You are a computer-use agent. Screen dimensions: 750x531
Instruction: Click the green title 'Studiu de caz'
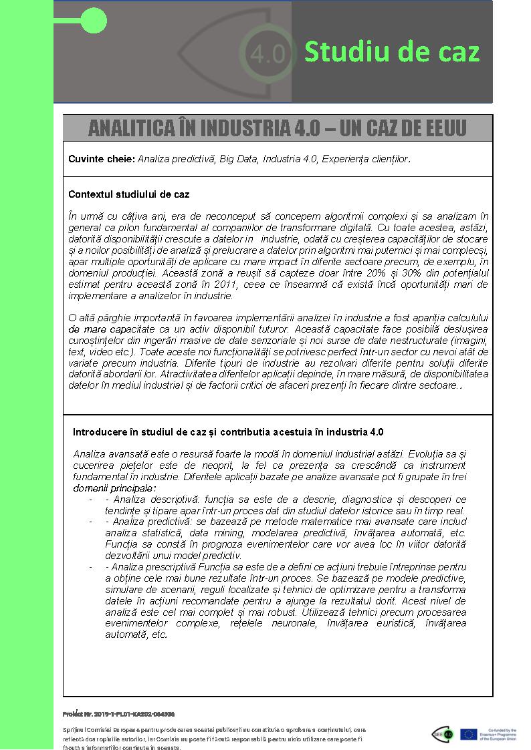click(x=392, y=51)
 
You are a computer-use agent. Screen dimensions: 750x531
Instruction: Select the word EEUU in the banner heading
click(x=443, y=128)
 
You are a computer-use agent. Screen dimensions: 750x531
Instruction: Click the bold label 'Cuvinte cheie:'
click(x=101, y=159)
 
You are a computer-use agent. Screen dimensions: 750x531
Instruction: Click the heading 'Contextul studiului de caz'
click(x=128, y=194)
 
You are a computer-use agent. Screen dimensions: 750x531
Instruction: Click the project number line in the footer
click(x=118, y=714)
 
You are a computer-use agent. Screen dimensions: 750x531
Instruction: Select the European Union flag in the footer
click(x=468, y=734)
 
